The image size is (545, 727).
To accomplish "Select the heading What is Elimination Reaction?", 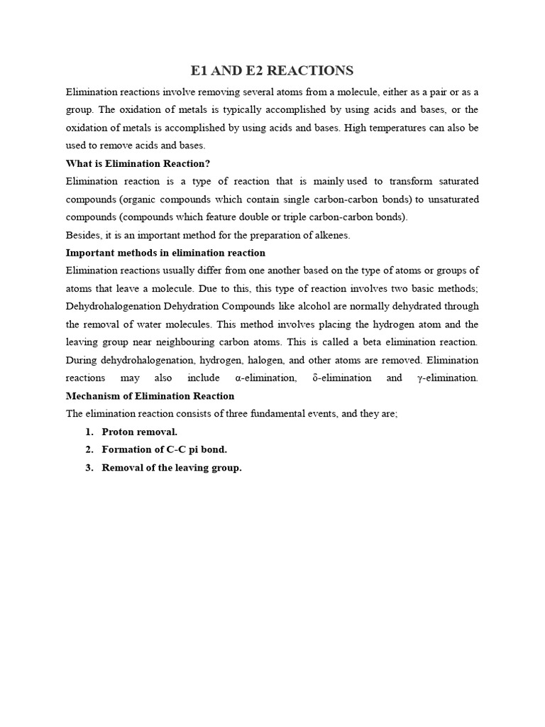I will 138,163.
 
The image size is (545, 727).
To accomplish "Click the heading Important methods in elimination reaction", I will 165,253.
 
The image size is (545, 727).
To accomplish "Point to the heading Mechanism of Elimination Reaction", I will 150,395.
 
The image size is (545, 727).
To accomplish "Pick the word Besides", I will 82,235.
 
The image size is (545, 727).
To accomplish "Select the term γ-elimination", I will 448,378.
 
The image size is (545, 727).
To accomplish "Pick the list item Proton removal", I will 139,432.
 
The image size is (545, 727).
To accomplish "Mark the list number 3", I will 89,468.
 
